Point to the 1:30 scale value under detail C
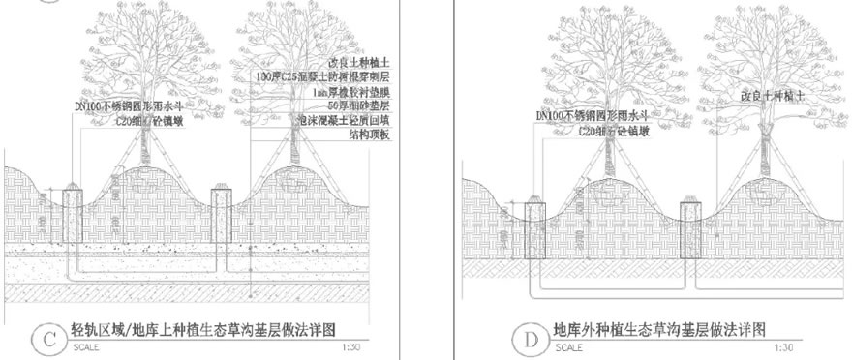355,345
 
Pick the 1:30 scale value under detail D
816,345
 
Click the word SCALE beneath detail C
84,345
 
